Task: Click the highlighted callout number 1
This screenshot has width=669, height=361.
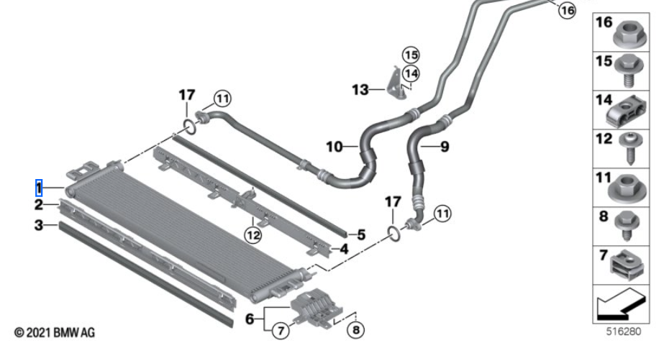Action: pos(40,188)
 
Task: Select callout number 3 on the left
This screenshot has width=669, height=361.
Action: pos(40,226)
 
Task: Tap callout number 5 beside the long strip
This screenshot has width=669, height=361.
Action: pos(361,234)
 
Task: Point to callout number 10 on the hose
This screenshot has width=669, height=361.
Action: pos(334,147)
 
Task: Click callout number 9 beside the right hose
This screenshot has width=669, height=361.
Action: pos(444,147)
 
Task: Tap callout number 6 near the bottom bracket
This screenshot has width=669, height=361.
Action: pos(250,318)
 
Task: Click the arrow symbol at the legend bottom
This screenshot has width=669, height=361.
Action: pos(620,306)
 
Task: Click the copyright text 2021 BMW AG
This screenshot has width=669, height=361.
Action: pos(54,333)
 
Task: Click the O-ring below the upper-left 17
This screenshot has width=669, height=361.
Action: pos(189,128)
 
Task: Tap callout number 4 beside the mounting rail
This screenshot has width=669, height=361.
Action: pos(345,250)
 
